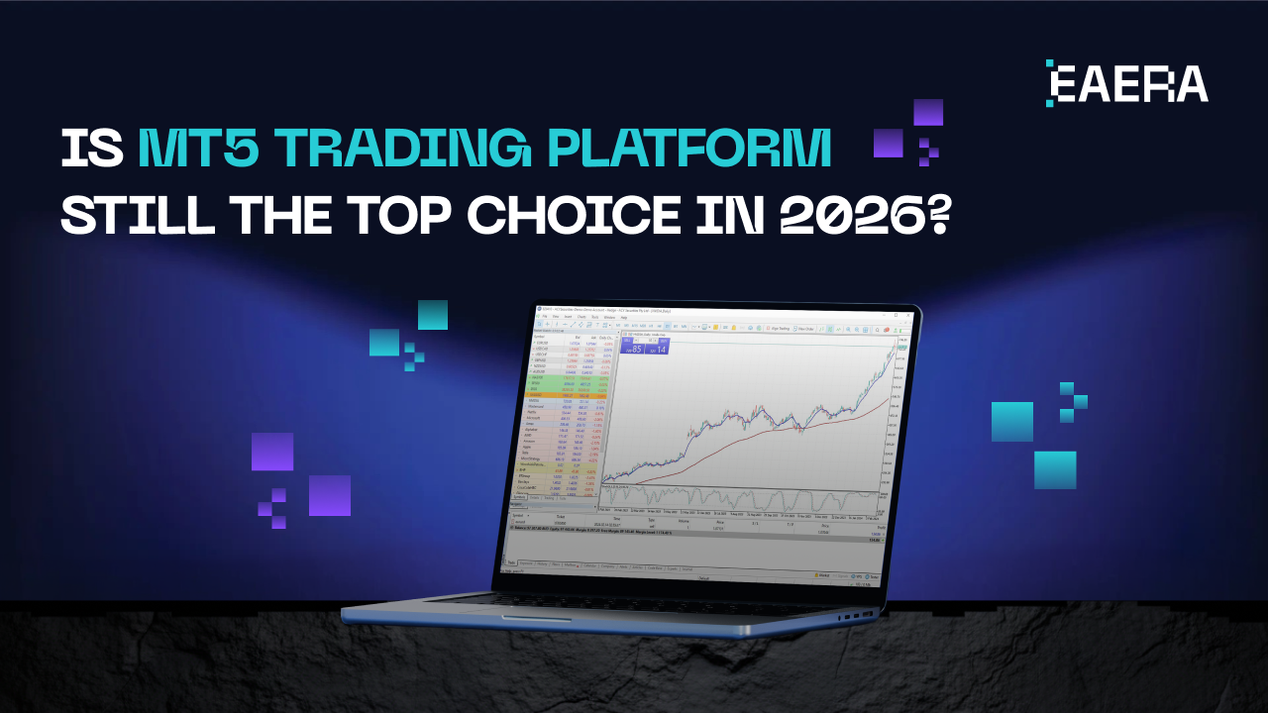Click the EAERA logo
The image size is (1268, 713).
(1127, 83)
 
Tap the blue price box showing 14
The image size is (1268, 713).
(658, 348)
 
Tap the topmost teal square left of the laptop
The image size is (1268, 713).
(432, 315)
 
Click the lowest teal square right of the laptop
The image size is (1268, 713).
(1055, 469)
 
